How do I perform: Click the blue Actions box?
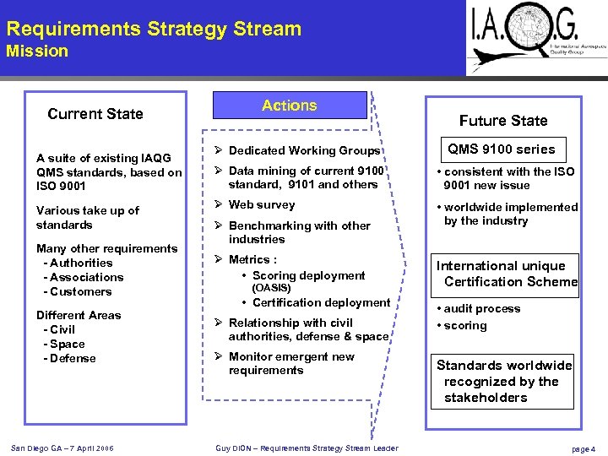[x=289, y=106]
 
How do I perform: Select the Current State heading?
[x=95, y=114]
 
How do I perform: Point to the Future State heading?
[x=503, y=121]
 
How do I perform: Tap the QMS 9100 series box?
[x=501, y=149]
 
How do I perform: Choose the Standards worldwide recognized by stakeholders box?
[x=503, y=381]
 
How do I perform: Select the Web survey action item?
[x=261, y=204]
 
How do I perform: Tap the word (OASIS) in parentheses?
[x=272, y=288]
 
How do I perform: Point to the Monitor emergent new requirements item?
[x=291, y=363]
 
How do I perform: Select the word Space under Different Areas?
[x=68, y=344]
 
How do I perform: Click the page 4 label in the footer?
[x=583, y=449]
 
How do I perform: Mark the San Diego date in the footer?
[x=63, y=448]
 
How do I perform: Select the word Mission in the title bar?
[x=37, y=51]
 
